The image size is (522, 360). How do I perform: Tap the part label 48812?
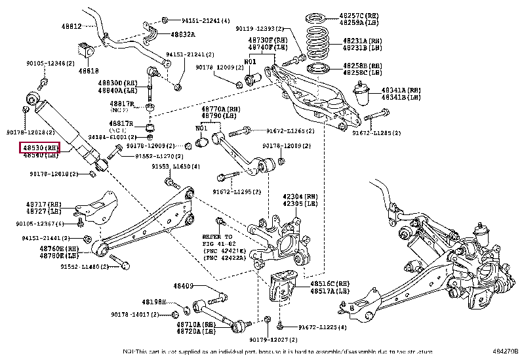click(72, 27)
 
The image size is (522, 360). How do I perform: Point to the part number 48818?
click(89, 70)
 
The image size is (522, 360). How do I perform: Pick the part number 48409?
click(184, 286)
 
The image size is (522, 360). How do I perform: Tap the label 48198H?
click(154, 302)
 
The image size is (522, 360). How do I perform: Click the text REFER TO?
click(218, 236)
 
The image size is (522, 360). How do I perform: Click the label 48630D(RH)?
click(118, 84)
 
